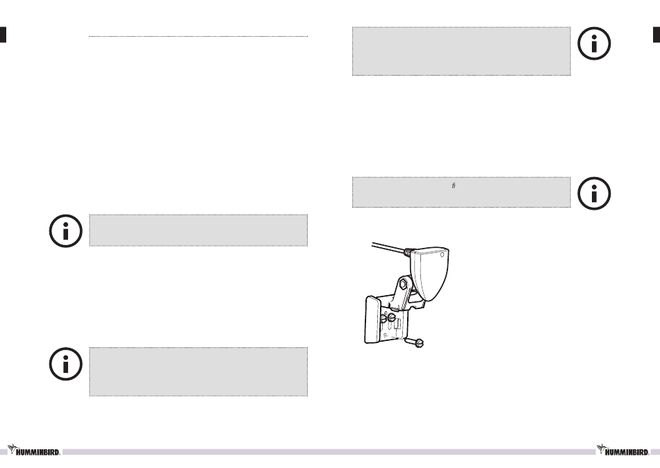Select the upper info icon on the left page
[x=65, y=231]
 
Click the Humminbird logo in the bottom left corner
[x=34, y=450]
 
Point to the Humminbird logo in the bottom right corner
[x=625, y=450]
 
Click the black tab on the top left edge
[x=3, y=35]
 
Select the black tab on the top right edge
[x=656, y=35]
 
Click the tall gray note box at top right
[x=461, y=51]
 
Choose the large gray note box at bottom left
[x=198, y=371]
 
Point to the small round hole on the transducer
[x=443, y=254]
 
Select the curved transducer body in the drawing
[x=433, y=275]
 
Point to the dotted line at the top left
[x=198, y=37]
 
